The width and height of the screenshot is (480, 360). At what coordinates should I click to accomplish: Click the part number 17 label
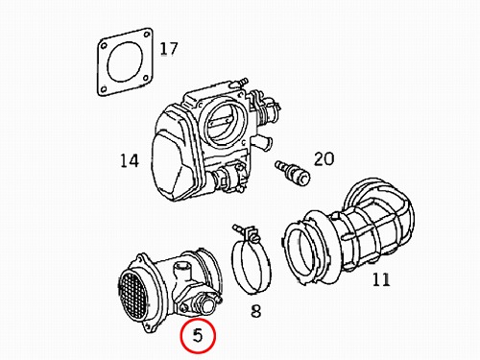coord(168,49)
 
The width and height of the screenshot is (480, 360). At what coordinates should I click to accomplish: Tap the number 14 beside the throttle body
coord(130,160)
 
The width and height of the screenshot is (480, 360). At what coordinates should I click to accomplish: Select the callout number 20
coord(324,159)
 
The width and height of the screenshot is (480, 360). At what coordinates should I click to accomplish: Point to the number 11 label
coord(381,279)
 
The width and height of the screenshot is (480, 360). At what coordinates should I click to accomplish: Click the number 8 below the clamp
coord(255,310)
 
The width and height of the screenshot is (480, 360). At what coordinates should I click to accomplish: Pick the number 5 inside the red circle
coord(198,336)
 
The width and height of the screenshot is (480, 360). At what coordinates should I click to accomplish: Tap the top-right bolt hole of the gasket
coord(147,35)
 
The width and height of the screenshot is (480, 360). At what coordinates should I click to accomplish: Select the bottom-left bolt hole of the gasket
coord(103,89)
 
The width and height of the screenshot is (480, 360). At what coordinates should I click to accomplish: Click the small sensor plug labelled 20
coord(293,173)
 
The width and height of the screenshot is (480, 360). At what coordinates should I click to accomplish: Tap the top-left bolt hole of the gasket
coord(103,46)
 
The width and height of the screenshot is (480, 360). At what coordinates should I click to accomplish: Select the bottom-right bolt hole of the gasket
coord(146,78)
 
